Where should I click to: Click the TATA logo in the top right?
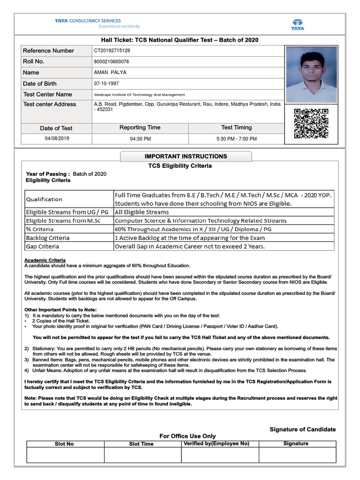tap(298, 24)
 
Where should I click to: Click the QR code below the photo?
tap(311, 124)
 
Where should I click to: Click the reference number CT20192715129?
tap(112, 51)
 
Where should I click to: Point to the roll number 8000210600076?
tap(112, 61)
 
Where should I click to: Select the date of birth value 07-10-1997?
tap(105, 83)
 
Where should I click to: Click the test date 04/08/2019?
tap(56, 139)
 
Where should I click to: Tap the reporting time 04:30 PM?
tap(140, 139)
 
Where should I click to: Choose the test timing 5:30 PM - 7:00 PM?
tap(236, 139)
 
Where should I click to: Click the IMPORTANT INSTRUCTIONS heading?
tap(186, 156)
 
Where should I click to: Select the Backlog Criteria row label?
tap(47, 238)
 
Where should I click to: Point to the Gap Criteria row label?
tap(43, 246)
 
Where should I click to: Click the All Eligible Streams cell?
tap(142, 212)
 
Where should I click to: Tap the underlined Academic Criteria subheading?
tap(45, 260)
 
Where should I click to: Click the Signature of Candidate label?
tap(302, 429)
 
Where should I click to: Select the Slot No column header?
tap(64, 444)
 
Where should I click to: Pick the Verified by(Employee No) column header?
tap(216, 443)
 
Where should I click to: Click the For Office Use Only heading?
tap(187, 436)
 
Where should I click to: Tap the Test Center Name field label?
tap(48, 94)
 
